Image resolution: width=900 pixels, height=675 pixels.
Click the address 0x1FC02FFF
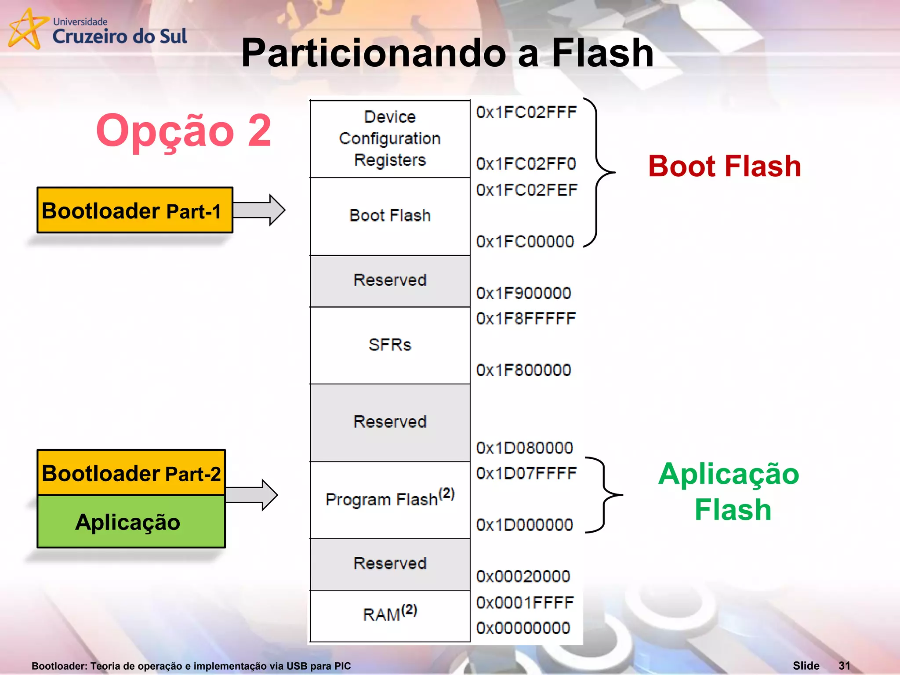(526, 112)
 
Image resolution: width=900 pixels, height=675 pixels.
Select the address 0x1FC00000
(525, 242)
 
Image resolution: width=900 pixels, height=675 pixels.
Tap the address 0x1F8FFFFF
(526, 319)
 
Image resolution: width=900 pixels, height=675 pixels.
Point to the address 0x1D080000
(525, 448)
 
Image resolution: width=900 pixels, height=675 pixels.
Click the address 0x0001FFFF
(525, 602)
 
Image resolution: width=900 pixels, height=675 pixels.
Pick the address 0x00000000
(523, 628)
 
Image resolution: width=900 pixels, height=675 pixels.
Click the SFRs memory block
(390, 345)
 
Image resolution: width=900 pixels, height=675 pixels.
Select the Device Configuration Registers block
(390, 139)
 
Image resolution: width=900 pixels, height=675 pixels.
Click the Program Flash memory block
(390, 500)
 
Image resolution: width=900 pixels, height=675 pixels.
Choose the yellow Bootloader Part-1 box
(134, 210)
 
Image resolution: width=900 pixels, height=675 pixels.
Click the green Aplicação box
(131, 522)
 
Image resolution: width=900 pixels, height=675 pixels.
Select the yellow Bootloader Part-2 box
(131, 473)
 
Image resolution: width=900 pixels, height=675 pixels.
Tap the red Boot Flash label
(724, 167)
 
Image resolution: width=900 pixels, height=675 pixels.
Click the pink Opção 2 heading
(183, 131)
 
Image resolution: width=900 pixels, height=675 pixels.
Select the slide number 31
(844, 665)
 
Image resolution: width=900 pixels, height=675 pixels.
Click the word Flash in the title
(602, 53)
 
